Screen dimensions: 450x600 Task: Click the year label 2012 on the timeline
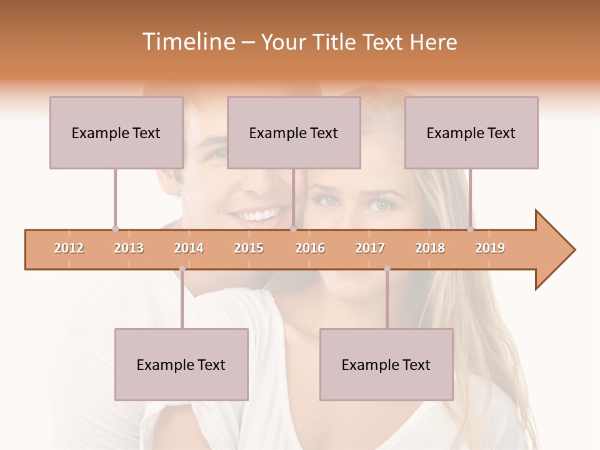pos(69,248)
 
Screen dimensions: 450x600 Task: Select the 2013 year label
pos(129,248)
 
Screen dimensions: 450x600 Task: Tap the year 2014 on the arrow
pos(189,248)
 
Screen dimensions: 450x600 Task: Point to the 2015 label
pos(249,248)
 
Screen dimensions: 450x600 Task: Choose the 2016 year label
pos(310,248)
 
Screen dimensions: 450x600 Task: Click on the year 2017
pos(370,248)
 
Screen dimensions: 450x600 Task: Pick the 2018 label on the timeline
pos(430,248)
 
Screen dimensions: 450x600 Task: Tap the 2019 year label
pos(490,248)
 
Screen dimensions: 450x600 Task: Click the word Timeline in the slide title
pos(187,42)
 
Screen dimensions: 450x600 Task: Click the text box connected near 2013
pos(116,132)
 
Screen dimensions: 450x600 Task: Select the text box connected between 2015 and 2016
pos(294,132)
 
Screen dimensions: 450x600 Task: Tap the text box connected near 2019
pos(471,132)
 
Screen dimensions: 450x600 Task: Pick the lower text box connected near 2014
pos(181,364)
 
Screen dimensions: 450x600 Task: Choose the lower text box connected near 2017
pos(386,364)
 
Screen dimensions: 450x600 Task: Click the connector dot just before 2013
pos(115,229)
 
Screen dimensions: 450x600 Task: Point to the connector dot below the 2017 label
pos(387,269)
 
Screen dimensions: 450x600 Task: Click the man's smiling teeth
pos(256,216)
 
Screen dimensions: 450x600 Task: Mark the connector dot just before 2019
pos(470,229)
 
